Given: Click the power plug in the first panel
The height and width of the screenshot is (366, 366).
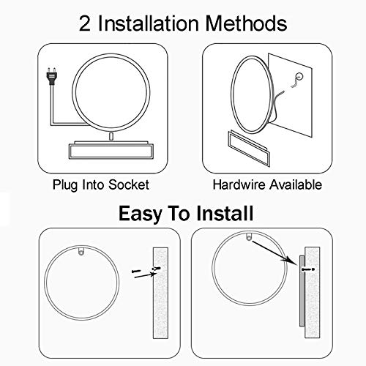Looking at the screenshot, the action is (52, 76).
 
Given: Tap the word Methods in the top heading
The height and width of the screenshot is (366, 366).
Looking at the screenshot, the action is (246, 23).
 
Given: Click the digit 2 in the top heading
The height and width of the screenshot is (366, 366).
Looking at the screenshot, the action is (85, 23).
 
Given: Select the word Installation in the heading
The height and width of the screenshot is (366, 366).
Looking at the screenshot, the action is (148, 23).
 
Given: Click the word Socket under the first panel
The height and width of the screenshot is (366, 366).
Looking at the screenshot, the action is (129, 184).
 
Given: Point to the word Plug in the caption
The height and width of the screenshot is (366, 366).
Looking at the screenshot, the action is (65, 185).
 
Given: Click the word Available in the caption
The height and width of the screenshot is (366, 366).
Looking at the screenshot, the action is (296, 184).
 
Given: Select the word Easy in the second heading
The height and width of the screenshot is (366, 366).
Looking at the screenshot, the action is (141, 214).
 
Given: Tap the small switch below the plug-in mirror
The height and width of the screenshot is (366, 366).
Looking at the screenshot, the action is (111, 136).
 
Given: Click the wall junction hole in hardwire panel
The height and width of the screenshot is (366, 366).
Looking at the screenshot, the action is (299, 76).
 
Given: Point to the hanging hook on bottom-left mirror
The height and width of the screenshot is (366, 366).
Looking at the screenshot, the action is (81, 251).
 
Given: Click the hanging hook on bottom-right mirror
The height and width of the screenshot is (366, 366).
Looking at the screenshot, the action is (249, 237).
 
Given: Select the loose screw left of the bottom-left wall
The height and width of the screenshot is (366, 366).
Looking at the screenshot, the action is (136, 271).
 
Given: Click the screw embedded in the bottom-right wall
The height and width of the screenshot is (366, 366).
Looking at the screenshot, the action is (308, 269).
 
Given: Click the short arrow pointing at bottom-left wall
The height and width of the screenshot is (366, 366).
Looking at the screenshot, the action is (145, 275).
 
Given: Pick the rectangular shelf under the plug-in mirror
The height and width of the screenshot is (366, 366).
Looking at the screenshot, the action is (111, 150).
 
